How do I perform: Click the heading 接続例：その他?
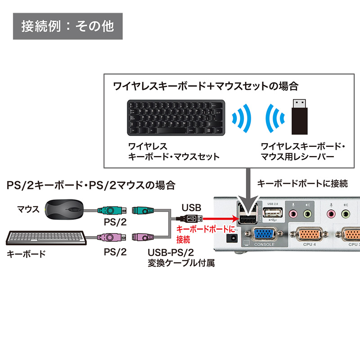point(67,26)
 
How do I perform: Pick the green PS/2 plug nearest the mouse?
point(108,210)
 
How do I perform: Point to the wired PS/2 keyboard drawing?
point(45,238)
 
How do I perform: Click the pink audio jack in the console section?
point(293,214)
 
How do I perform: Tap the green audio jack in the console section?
point(307,214)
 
